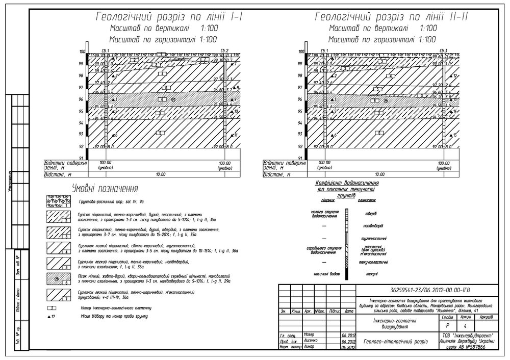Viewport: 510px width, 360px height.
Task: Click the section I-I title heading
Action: click(x=168, y=17)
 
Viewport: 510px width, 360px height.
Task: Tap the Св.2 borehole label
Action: click(x=224, y=50)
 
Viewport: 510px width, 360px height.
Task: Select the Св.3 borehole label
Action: click(x=445, y=50)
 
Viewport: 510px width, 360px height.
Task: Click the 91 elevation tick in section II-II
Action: click(x=301, y=159)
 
